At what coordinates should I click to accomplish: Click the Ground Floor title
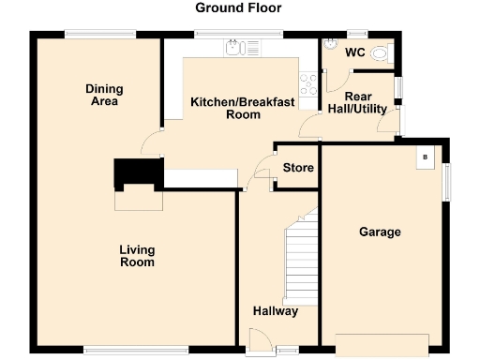(x=238, y=8)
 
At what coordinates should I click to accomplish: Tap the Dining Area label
(x=105, y=96)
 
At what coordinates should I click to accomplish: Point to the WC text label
(x=354, y=52)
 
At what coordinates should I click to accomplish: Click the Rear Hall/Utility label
(x=359, y=102)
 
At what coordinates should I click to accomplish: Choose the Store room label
(x=298, y=169)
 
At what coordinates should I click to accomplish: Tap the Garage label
(x=380, y=232)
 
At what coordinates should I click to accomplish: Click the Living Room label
(x=137, y=256)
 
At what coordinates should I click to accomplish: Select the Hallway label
(x=276, y=311)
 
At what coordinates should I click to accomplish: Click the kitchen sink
(x=232, y=46)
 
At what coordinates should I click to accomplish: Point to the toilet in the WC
(x=380, y=55)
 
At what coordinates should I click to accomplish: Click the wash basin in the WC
(x=330, y=44)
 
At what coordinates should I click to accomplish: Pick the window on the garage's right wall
(x=446, y=180)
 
